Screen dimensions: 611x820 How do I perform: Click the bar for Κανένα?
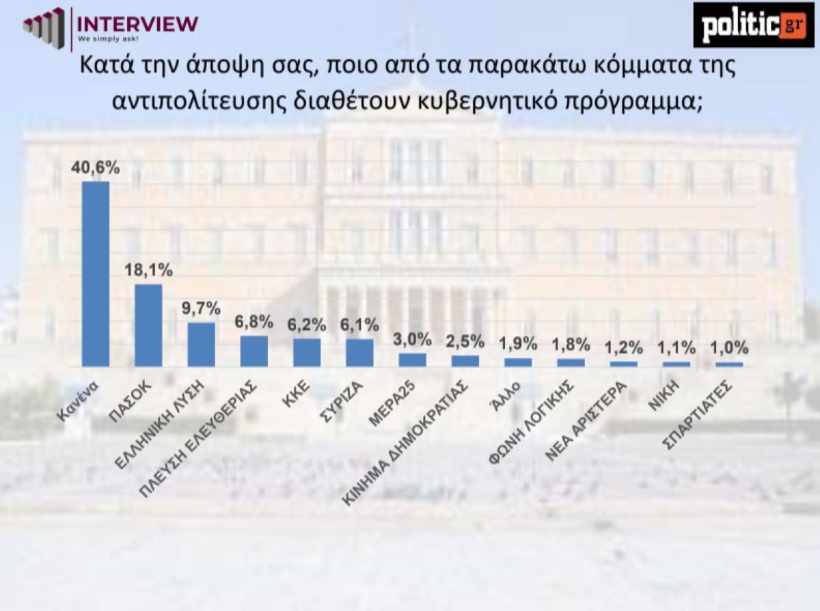coord(95,273)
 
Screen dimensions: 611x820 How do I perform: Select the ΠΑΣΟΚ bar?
coord(148,325)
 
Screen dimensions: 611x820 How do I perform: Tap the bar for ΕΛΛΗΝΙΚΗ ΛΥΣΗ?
coord(201,344)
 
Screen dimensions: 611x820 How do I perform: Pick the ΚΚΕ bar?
coord(307,353)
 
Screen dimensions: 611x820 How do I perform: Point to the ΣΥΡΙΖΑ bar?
coord(359,353)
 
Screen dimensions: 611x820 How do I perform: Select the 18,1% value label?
coord(148,271)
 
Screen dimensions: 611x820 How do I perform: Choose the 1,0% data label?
coord(730,348)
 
